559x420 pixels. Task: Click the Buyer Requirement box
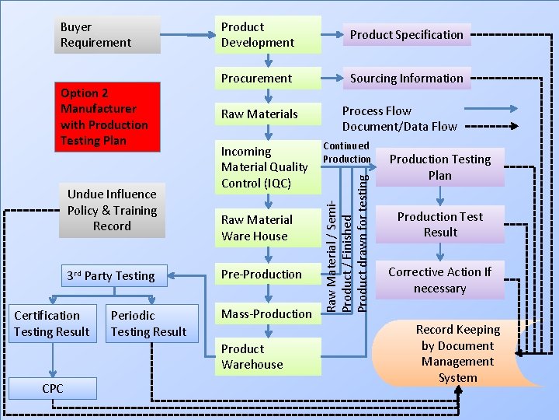coord(107,35)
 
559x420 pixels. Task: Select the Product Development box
coord(268,35)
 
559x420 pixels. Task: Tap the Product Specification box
coord(406,35)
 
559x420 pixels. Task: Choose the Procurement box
coord(268,79)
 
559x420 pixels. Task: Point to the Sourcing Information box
coord(406,79)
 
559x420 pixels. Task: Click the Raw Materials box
coord(268,114)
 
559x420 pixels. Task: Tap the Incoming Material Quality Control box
coord(268,167)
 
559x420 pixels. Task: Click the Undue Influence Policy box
coord(112,210)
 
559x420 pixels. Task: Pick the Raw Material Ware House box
coord(268,228)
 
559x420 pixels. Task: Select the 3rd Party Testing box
coord(111,276)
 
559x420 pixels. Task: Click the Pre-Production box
coord(268,275)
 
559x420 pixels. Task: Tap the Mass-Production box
coord(268,314)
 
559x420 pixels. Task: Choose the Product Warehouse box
coord(268,357)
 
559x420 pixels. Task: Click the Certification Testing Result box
coord(52,324)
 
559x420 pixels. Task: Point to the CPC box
coord(53,388)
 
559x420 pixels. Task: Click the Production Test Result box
coord(440,225)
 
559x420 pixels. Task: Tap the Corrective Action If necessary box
coord(440,281)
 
